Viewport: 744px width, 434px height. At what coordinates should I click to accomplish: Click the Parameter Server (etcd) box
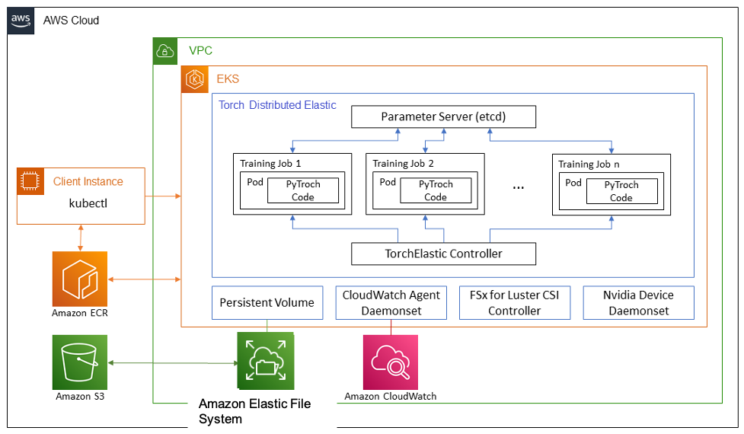click(x=443, y=116)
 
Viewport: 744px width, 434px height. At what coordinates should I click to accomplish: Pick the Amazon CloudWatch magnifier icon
click(x=391, y=362)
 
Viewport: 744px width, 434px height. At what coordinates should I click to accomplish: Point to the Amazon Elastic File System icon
click(x=264, y=362)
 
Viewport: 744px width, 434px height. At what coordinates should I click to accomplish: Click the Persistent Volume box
click(x=267, y=302)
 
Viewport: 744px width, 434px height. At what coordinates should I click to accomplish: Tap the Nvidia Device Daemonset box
click(x=639, y=302)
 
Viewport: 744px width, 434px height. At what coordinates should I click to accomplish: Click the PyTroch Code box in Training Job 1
click(x=306, y=190)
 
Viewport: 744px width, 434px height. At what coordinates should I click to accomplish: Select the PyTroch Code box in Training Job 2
click(x=436, y=190)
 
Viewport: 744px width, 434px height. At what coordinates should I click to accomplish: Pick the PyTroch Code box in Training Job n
click(x=621, y=191)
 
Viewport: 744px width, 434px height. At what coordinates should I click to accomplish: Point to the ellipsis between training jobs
click(x=519, y=187)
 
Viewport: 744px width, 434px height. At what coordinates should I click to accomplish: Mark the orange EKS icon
click(x=193, y=79)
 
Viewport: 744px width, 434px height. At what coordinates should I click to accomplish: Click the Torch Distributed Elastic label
click(x=277, y=105)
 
